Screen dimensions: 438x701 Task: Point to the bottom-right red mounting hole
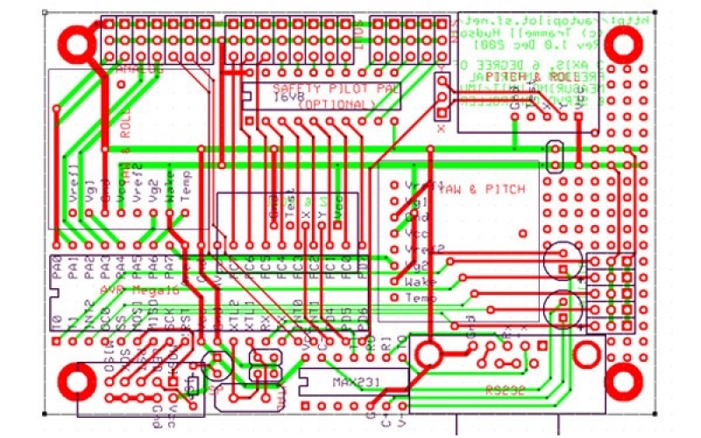[625, 381]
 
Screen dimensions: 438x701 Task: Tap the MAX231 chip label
[353, 384]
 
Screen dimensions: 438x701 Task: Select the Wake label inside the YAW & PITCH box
[421, 281]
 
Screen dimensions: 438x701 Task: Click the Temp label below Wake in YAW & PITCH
[421, 298]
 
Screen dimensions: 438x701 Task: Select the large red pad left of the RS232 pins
[429, 354]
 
